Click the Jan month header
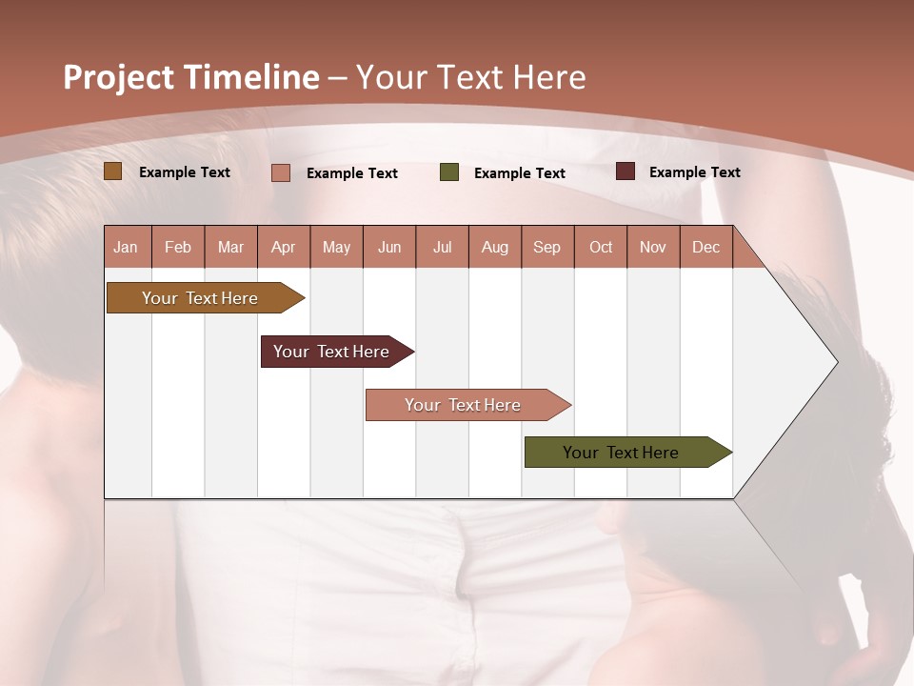point(126,247)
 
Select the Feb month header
point(178,247)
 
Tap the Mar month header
point(230,247)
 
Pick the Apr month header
point(284,247)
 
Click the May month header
point(336,247)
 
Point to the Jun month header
point(389,247)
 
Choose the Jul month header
point(442,247)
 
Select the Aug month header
point(495,247)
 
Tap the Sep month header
point(547,247)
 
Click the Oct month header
point(601,247)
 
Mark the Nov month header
point(653,247)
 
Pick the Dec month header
point(705,247)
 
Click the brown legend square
point(113,171)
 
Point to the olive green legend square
point(449,172)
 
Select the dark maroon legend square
point(626,171)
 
